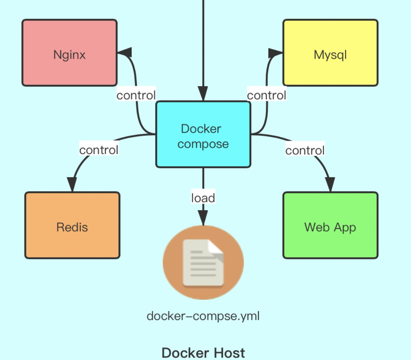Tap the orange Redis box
click(x=72, y=225)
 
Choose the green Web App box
click(x=330, y=225)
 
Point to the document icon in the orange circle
click(x=203, y=262)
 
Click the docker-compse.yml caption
click(x=203, y=316)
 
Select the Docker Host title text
click(x=203, y=352)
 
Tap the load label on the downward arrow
click(x=203, y=198)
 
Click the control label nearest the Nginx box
click(x=136, y=95)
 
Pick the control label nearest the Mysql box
click(x=266, y=95)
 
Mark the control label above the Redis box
click(x=99, y=150)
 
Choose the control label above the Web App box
click(x=305, y=150)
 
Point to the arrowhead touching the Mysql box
click(x=275, y=53)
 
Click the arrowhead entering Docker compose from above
click(x=203, y=94)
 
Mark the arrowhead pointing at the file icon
click(x=203, y=217)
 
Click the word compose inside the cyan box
click(x=203, y=144)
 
